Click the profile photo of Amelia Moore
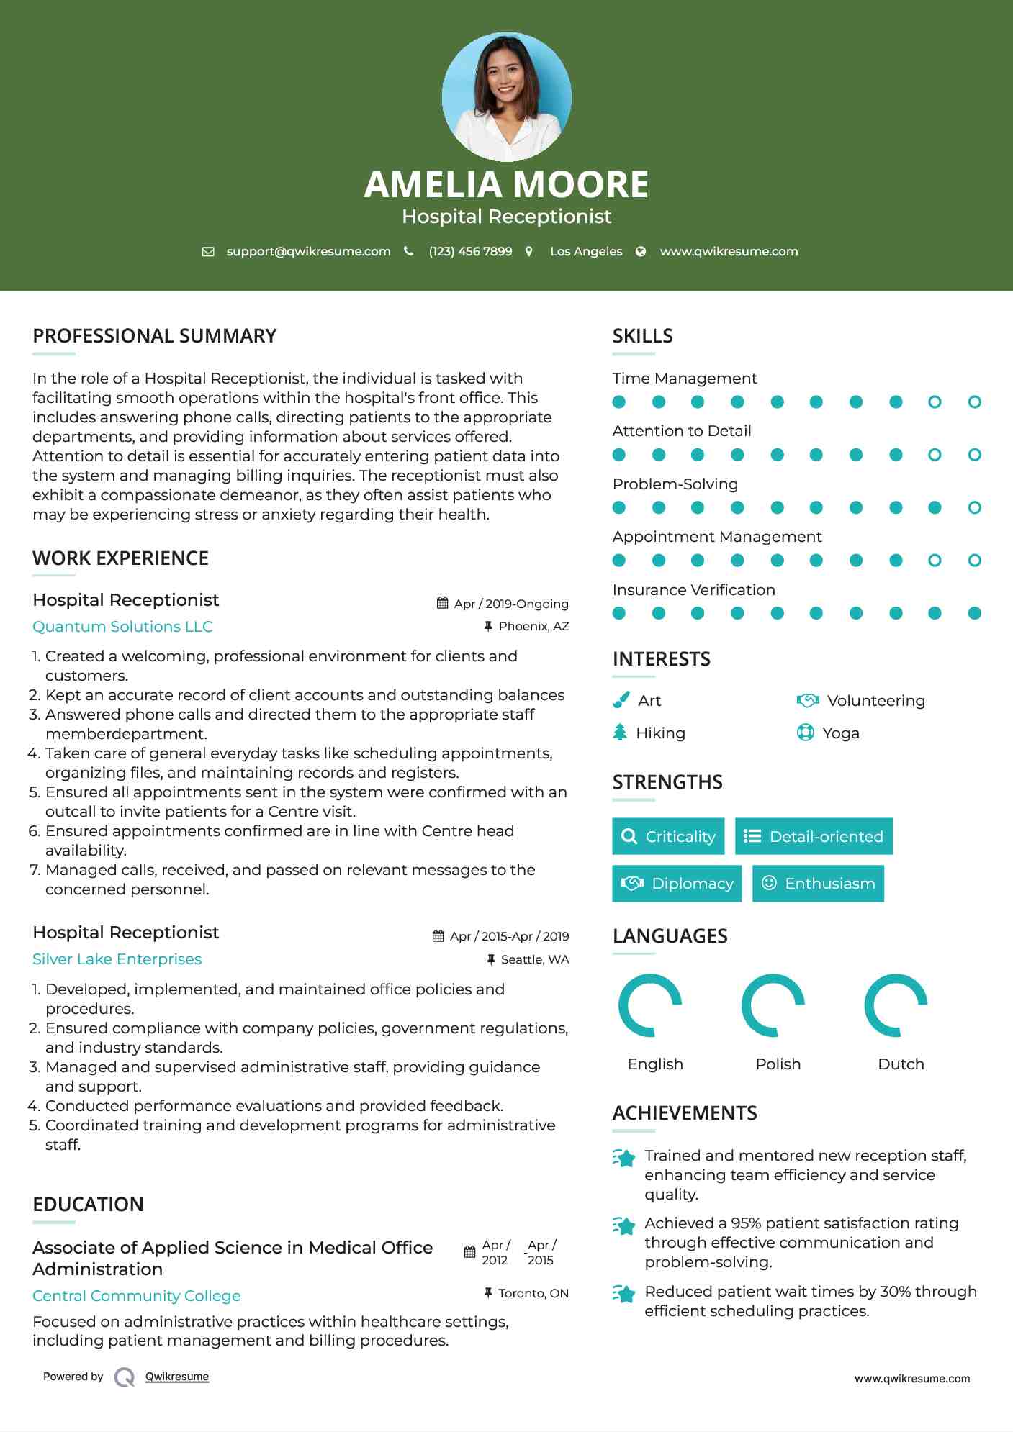(506, 96)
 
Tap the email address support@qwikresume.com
(308, 252)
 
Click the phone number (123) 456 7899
(470, 252)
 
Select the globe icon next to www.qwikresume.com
(641, 252)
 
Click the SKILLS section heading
(642, 336)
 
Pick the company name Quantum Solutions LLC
(122, 627)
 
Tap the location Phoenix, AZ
(533, 627)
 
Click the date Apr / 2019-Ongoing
(510, 604)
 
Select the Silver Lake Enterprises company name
(117, 959)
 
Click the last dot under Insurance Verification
(974, 613)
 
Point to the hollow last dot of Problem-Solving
(974, 508)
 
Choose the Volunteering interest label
(875, 701)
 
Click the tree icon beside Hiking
(620, 733)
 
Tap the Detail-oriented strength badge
(814, 836)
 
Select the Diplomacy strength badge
(677, 884)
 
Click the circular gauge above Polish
(773, 1005)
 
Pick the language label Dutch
(901, 1064)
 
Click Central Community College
(136, 1296)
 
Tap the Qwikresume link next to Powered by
(177, 1377)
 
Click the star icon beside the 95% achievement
(624, 1225)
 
